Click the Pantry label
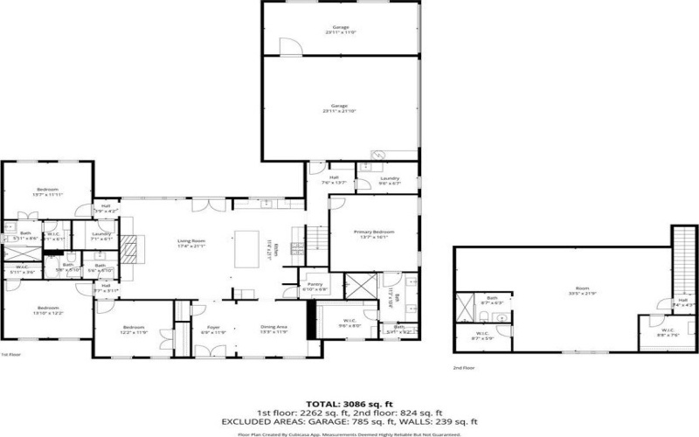(314, 286)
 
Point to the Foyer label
(213, 329)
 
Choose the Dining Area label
(274, 329)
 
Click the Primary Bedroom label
(375, 233)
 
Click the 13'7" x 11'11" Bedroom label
(47, 192)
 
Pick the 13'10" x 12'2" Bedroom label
(47, 309)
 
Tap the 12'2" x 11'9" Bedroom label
(133, 329)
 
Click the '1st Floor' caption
(10, 355)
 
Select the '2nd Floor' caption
(464, 370)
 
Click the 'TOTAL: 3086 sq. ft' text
(349, 402)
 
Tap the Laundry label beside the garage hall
(389, 180)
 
